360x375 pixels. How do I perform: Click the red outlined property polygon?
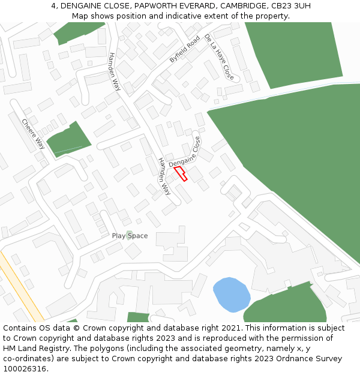pyautogui.click(x=181, y=173)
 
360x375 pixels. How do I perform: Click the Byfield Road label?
pyautogui.click(x=184, y=49)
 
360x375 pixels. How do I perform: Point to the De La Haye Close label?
pyautogui.click(x=219, y=57)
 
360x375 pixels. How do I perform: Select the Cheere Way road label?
pyautogui.click(x=33, y=134)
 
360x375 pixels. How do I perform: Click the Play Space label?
pyautogui.click(x=130, y=236)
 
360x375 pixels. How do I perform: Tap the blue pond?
pyautogui.click(x=231, y=294)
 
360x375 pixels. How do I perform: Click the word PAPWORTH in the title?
pyautogui.click(x=158, y=6)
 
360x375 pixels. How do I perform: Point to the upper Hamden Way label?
pyautogui.click(x=114, y=71)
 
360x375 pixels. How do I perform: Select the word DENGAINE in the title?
pyautogui.click(x=84, y=6)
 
